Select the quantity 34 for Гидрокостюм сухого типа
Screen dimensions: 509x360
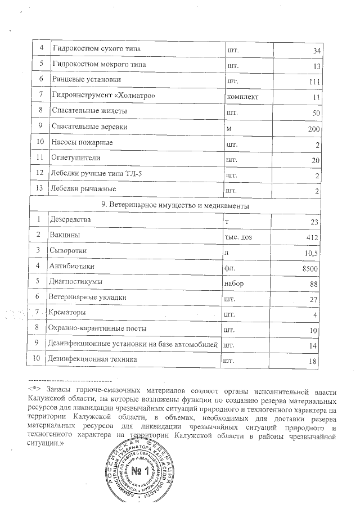[x=316, y=51]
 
